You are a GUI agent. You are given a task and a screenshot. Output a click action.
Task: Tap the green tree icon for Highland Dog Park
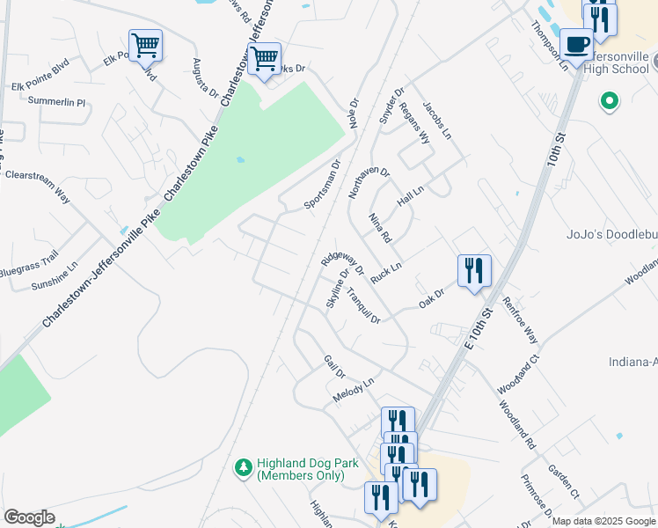tap(244, 468)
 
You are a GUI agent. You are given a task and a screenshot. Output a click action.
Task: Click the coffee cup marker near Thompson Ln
tap(577, 46)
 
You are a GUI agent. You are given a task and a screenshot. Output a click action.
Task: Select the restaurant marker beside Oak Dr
tap(474, 271)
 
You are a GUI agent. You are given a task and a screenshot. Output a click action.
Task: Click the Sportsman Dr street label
tap(322, 185)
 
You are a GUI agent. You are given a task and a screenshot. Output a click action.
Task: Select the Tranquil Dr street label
tap(362, 305)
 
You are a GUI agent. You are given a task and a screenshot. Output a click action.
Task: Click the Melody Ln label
tap(354, 392)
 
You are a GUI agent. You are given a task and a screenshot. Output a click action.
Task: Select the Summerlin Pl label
tap(57, 102)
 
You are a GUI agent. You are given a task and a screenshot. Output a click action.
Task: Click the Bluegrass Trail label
tap(29, 261)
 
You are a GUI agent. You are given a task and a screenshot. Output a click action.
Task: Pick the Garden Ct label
tap(563, 483)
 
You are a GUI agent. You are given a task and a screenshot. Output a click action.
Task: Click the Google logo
tap(29, 517)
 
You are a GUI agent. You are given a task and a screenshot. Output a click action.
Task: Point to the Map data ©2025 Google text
tap(603, 521)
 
